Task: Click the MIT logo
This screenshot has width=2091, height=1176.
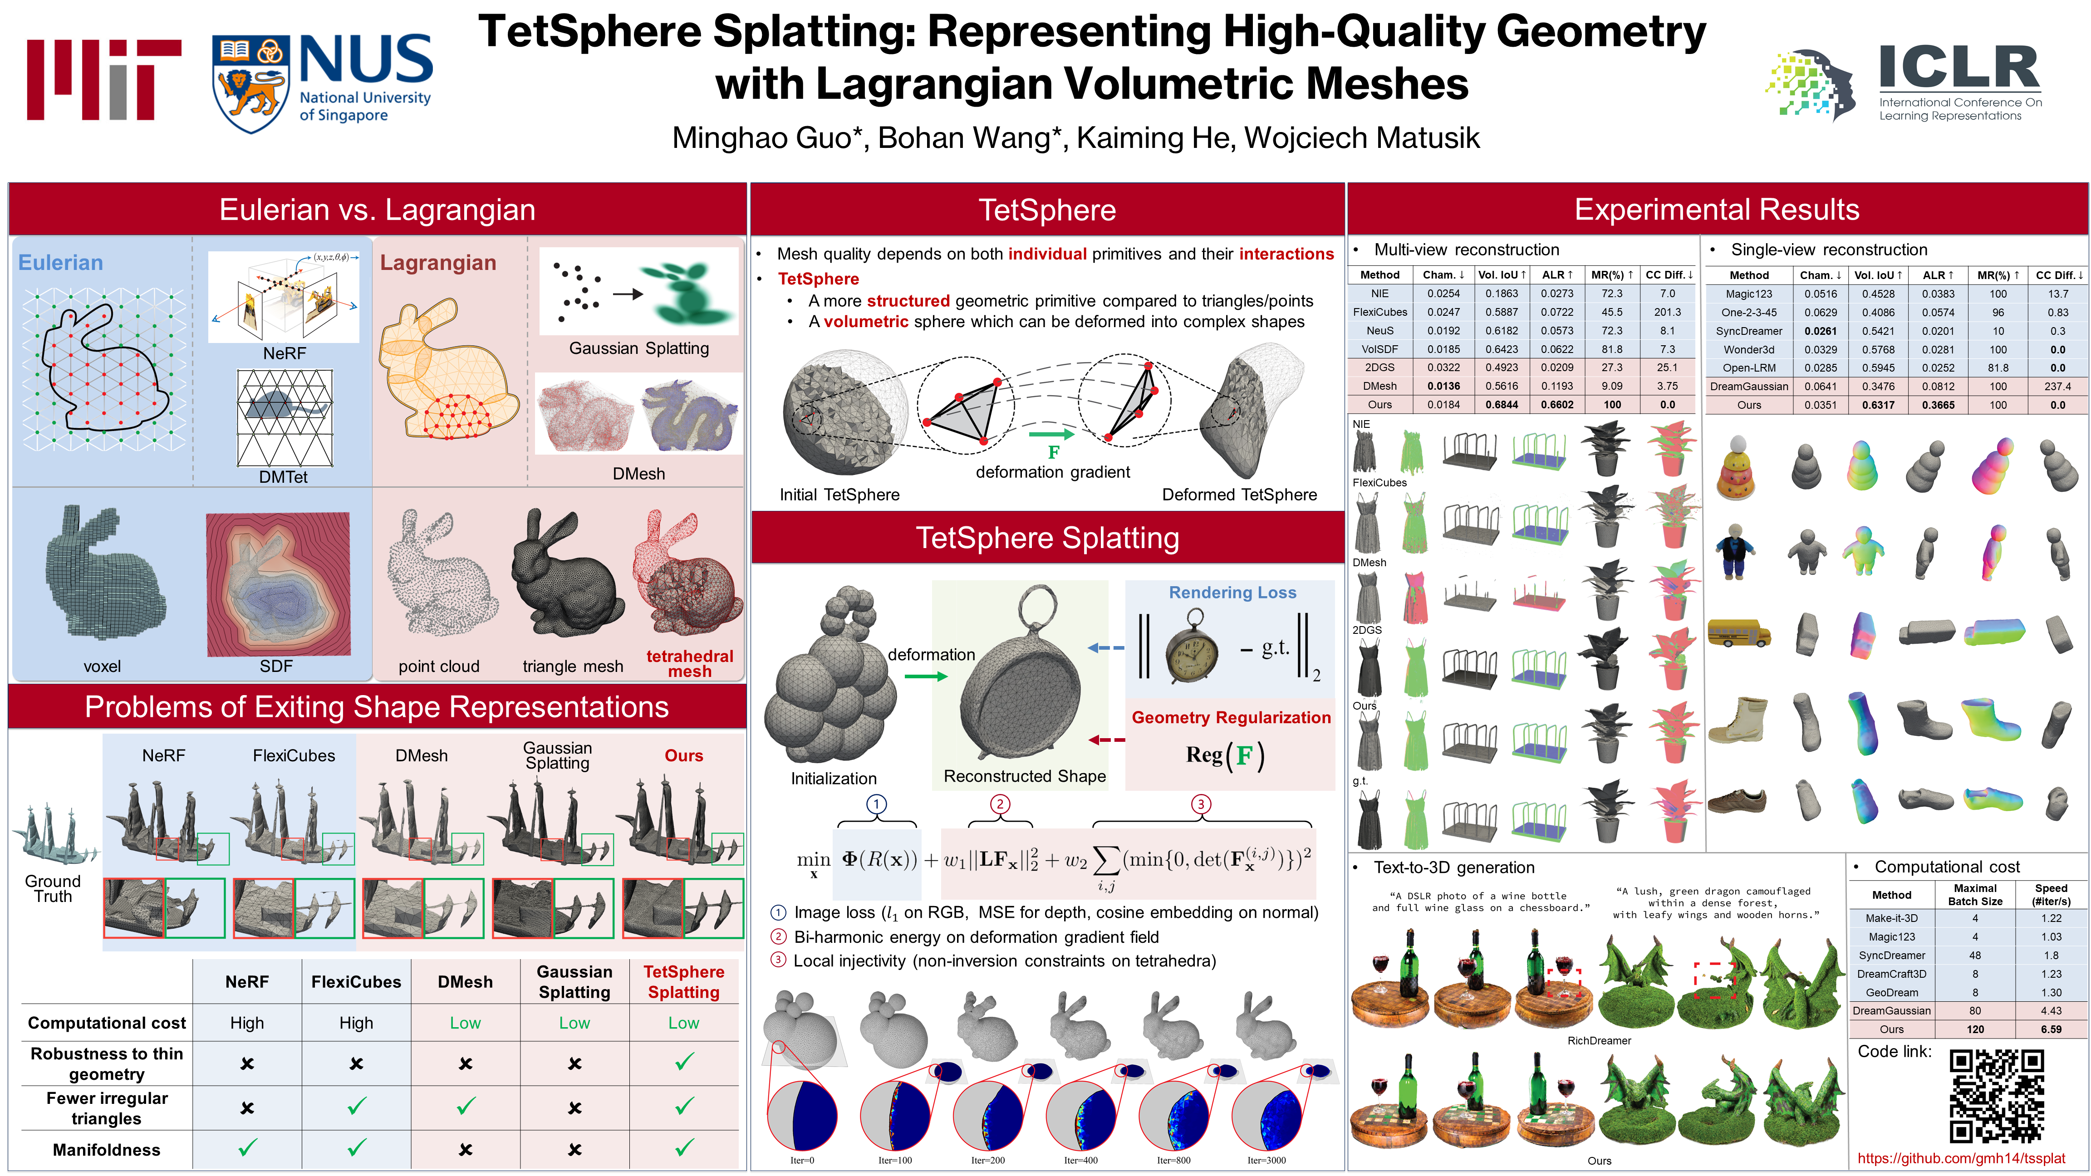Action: pyautogui.click(x=104, y=79)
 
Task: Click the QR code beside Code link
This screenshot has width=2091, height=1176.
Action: pyautogui.click(x=1996, y=1096)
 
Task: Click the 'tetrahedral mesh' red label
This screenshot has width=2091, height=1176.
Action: pyautogui.click(x=689, y=663)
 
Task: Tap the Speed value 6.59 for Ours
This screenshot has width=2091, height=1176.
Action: pyautogui.click(x=2051, y=1029)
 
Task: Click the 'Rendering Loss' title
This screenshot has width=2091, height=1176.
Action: pyautogui.click(x=1232, y=593)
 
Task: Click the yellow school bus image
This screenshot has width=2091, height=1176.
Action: pyautogui.click(x=1738, y=632)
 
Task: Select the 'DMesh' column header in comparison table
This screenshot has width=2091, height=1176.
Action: pyautogui.click(x=465, y=981)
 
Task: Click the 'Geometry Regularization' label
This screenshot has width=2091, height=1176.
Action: pyautogui.click(x=1231, y=717)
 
